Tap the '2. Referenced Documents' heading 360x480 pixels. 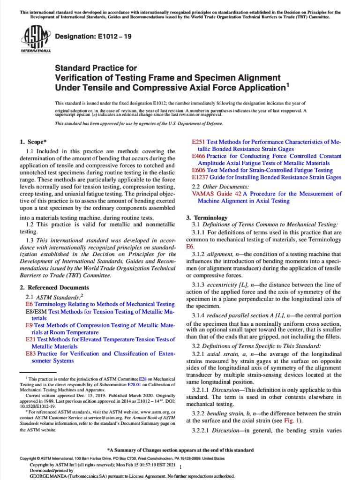pyautogui.click(x=54, y=287)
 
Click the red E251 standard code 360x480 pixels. pyautogui.click(x=199, y=141)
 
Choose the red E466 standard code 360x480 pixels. pyautogui.click(x=199, y=156)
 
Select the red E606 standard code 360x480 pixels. pyautogui.click(x=199, y=170)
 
